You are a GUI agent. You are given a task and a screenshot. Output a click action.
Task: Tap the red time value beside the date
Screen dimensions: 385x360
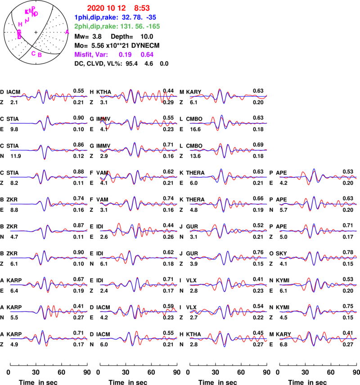[x=142, y=8]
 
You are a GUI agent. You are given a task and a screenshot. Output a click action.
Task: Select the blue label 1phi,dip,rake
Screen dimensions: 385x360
[x=96, y=17]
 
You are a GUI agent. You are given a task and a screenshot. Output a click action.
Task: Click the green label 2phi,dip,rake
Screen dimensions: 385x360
[x=96, y=27]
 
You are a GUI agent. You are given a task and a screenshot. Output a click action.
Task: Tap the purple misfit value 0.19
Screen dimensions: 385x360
[x=125, y=54]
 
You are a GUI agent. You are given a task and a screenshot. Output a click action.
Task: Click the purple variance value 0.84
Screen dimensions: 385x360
[x=147, y=54]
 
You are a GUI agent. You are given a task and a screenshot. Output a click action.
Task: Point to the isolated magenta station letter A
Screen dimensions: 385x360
[x=67, y=32]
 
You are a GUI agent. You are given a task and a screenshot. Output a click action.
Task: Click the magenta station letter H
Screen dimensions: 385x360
[x=20, y=24]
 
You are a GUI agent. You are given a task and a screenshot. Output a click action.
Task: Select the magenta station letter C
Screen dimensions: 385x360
[x=33, y=53]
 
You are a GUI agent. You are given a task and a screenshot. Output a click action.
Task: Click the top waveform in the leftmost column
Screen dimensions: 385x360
[x=49, y=96]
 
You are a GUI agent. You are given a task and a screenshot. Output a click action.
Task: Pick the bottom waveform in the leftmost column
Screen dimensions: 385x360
[x=49, y=338]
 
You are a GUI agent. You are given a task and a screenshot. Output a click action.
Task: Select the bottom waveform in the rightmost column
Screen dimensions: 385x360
[x=318, y=338]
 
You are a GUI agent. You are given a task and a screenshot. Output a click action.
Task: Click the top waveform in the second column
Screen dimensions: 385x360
[x=139, y=96]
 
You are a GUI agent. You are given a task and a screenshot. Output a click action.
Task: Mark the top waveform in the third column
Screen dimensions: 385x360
[x=228, y=96]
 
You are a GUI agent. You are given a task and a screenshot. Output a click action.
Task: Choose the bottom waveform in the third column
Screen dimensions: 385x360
[x=228, y=338]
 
